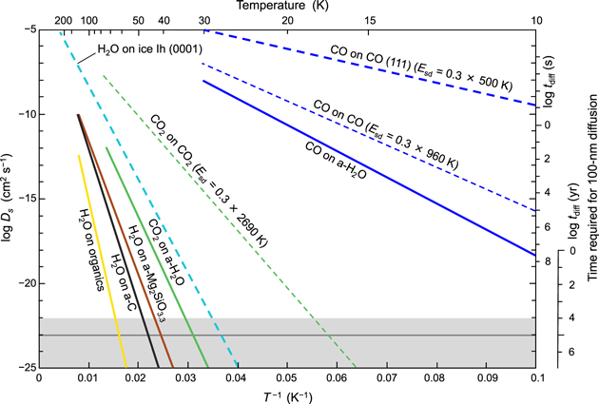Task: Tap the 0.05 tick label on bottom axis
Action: [x=287, y=377]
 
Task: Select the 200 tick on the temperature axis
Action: [x=64, y=20]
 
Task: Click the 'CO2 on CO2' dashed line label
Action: [x=209, y=181]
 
